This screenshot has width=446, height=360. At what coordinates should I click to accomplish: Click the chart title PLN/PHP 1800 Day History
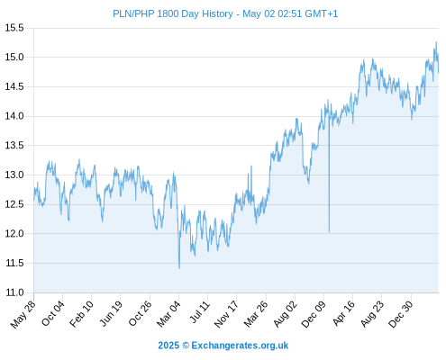pyautogui.click(x=173, y=13)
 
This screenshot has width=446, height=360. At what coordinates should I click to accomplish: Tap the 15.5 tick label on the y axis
pyautogui.click(x=14, y=28)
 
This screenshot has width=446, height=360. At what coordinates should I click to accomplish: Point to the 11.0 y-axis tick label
pyautogui.click(x=14, y=292)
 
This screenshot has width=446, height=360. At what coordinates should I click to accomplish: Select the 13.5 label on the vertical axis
pyautogui.click(x=14, y=146)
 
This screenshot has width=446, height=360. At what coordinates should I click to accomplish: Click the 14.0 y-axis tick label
pyautogui.click(x=14, y=116)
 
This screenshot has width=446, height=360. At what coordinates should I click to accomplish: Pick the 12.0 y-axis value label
pyautogui.click(x=14, y=233)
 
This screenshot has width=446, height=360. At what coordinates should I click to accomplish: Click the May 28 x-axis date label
pyautogui.click(x=23, y=314)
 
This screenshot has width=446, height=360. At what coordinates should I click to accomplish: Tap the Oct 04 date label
pyautogui.click(x=53, y=314)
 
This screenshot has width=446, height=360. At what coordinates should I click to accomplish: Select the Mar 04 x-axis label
pyautogui.click(x=168, y=314)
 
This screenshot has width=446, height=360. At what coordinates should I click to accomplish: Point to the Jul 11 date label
pyautogui.click(x=200, y=312)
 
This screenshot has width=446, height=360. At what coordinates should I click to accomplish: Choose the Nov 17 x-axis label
pyautogui.click(x=226, y=314)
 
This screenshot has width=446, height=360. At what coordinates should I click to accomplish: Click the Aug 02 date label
pyautogui.click(x=286, y=314)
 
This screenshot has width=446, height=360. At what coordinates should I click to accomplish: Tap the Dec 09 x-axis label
pyautogui.click(x=314, y=314)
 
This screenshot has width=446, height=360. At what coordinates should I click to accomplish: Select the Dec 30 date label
pyautogui.click(x=401, y=314)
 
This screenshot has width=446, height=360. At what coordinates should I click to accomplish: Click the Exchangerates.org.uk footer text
pyautogui.click(x=240, y=346)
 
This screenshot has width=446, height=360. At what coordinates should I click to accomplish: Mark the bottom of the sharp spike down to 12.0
pyautogui.click(x=329, y=231)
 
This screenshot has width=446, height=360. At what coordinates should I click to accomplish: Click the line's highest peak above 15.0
pyautogui.click(x=436, y=42)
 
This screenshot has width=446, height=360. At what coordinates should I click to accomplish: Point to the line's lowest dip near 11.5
pyautogui.click(x=179, y=268)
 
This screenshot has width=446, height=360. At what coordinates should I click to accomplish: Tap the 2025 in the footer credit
pyautogui.click(x=168, y=346)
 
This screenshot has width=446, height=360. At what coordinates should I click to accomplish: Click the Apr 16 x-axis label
pyautogui.click(x=343, y=313)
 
